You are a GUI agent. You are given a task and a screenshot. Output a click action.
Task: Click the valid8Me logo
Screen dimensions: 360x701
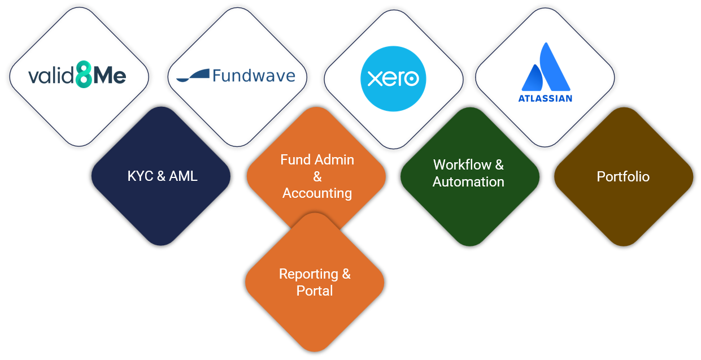[77, 76]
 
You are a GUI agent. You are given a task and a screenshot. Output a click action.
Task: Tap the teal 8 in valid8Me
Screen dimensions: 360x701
[83, 76]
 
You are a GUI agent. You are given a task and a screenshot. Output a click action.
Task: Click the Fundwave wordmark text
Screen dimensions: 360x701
[254, 75]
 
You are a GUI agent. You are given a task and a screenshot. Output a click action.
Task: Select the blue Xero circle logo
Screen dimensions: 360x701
[393, 79]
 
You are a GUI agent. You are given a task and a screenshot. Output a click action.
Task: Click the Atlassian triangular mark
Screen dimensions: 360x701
[546, 68]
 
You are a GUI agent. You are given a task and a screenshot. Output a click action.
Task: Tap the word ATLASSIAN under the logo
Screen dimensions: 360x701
[545, 98]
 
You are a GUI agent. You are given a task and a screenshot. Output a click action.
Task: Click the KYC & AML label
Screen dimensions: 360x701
[162, 176]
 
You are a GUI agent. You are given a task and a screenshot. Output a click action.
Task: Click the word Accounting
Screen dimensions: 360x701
[317, 193]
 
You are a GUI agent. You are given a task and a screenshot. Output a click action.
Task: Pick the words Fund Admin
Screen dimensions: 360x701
[317, 160]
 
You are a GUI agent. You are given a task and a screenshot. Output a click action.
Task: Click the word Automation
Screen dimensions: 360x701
[468, 182]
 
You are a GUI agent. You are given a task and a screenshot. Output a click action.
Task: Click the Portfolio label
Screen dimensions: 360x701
[623, 177]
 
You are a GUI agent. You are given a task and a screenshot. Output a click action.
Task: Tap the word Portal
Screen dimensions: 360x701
[315, 291]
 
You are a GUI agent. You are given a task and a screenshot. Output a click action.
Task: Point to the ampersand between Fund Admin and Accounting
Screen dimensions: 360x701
[317, 177]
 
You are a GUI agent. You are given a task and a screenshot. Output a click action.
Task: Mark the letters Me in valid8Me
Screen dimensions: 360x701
[109, 76]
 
